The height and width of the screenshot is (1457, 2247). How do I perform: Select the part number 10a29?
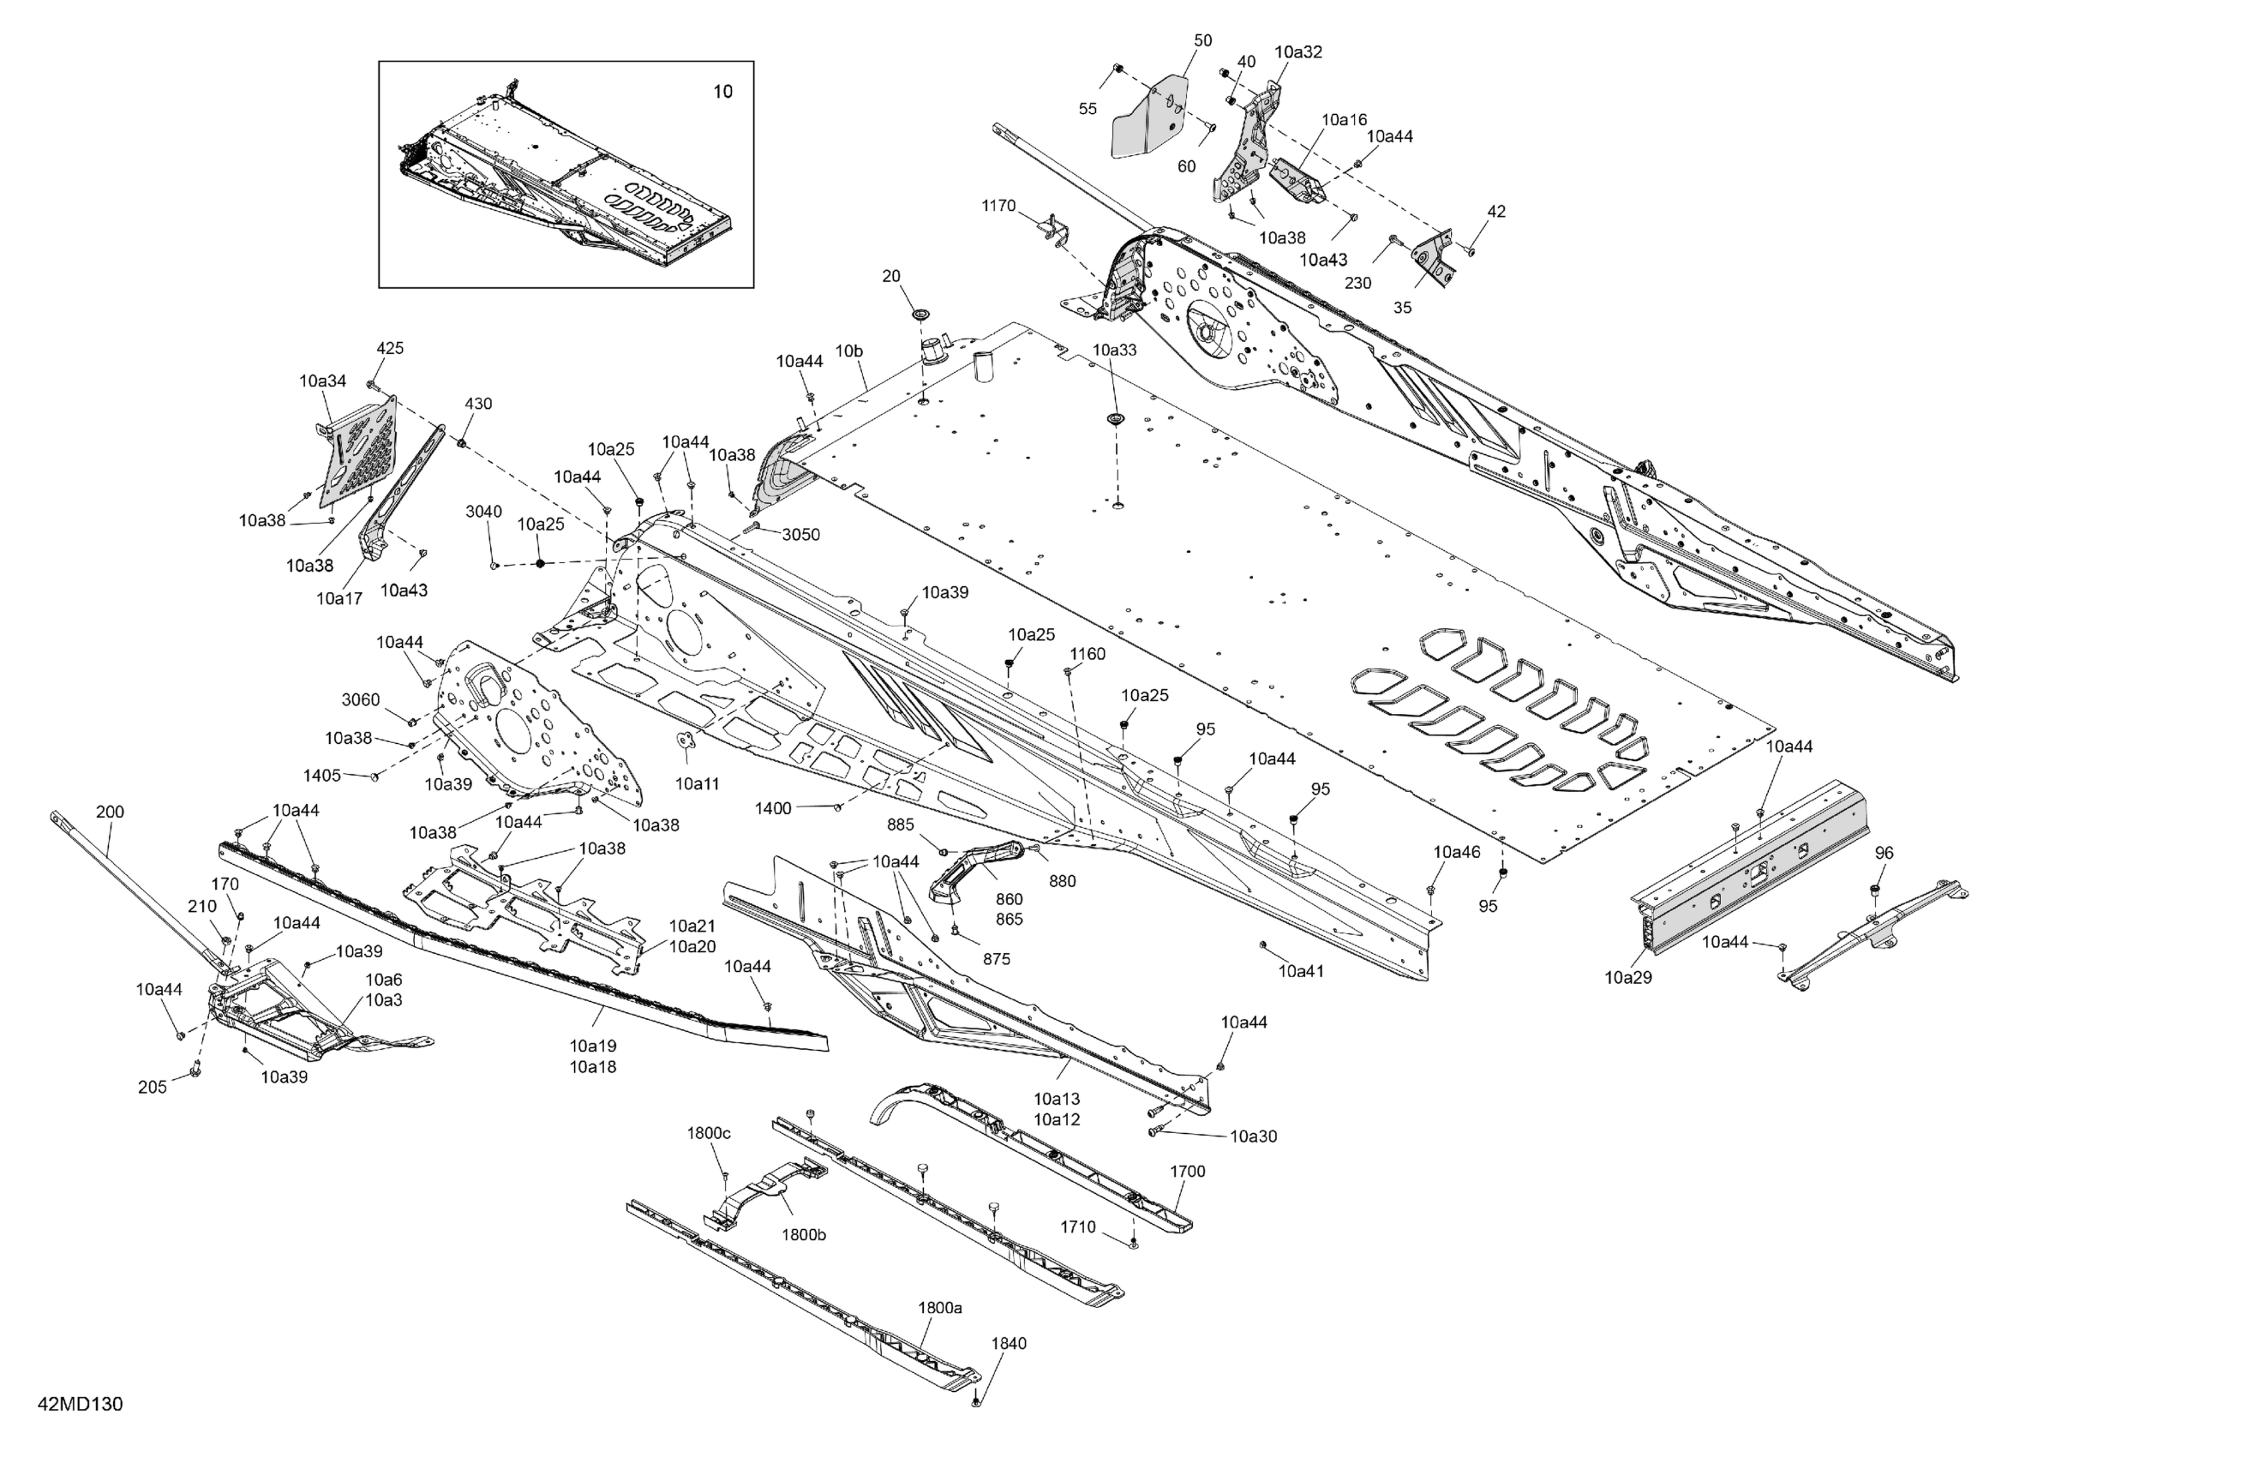1627,977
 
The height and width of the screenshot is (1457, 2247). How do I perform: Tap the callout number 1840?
1009,1343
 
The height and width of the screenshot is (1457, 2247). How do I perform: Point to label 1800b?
804,1234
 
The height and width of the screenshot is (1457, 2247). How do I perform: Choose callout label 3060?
360,699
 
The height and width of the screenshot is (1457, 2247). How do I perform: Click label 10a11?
697,782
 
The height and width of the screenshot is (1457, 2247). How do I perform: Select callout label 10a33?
1114,350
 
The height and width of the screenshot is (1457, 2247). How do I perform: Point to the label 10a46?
1457,852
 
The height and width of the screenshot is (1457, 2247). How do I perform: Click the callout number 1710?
1077,1226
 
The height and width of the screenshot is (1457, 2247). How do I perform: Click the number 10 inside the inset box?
722,92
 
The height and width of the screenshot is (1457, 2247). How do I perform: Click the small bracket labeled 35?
1437,261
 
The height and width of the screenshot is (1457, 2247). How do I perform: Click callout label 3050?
800,535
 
